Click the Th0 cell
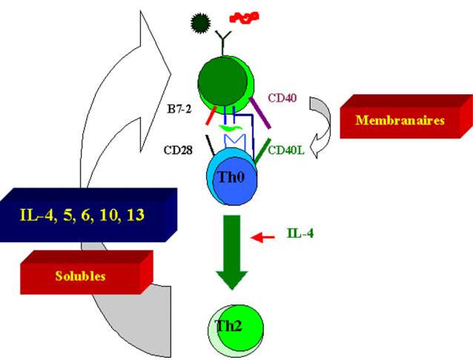point(231,177)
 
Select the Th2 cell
point(236,328)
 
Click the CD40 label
point(282,98)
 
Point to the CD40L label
point(286,150)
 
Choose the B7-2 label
point(179,109)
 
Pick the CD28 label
point(178,150)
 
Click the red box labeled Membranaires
point(406,116)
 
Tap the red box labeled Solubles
point(87,273)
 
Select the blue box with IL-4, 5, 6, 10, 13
point(88,215)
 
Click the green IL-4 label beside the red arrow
point(300,233)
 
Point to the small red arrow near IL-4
point(262,237)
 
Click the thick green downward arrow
point(232,252)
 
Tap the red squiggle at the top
point(245,18)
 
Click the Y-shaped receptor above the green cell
point(223,43)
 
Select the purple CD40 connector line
point(259,113)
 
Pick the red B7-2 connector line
point(211,116)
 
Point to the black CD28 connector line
point(211,145)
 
